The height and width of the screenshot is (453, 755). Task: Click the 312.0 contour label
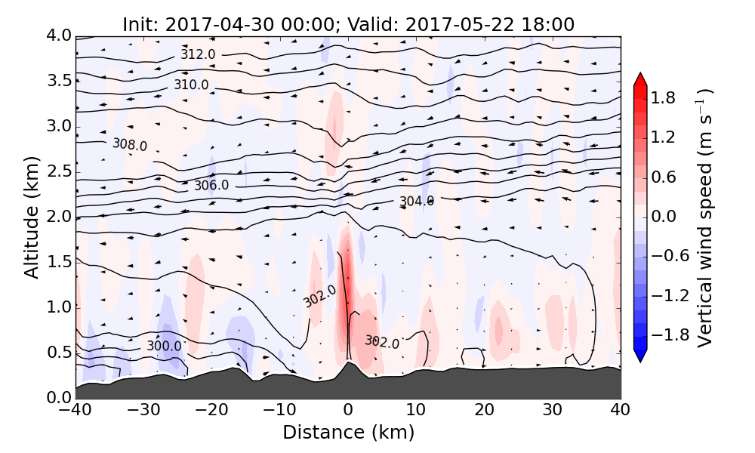pyautogui.click(x=198, y=54)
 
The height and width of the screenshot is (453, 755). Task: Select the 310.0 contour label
pyautogui.click(x=192, y=85)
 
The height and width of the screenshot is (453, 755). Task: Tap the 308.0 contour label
pyautogui.click(x=130, y=144)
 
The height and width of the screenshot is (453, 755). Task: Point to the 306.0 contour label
pyautogui.click(x=211, y=185)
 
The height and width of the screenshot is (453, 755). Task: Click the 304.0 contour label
pyautogui.click(x=417, y=202)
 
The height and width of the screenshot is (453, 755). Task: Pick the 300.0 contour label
pyautogui.click(x=164, y=346)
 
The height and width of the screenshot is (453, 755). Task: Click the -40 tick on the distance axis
pyautogui.click(x=75, y=411)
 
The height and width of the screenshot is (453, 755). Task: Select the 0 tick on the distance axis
pyautogui.click(x=348, y=411)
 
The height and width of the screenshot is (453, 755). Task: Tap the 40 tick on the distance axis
pyautogui.click(x=621, y=411)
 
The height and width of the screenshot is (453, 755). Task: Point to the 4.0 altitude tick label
pyautogui.click(x=57, y=35)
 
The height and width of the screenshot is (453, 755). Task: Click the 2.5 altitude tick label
pyautogui.click(x=57, y=171)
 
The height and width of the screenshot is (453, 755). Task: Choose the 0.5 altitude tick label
pyautogui.click(x=57, y=353)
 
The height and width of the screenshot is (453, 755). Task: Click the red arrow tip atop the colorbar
pyautogui.click(x=639, y=78)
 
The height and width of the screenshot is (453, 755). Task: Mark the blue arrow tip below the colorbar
pyautogui.click(x=639, y=357)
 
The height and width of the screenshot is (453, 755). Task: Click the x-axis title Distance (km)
pyautogui.click(x=348, y=433)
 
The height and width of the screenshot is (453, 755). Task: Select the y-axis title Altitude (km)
pyautogui.click(x=31, y=217)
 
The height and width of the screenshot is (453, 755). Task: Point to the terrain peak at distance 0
pyautogui.click(x=348, y=362)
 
